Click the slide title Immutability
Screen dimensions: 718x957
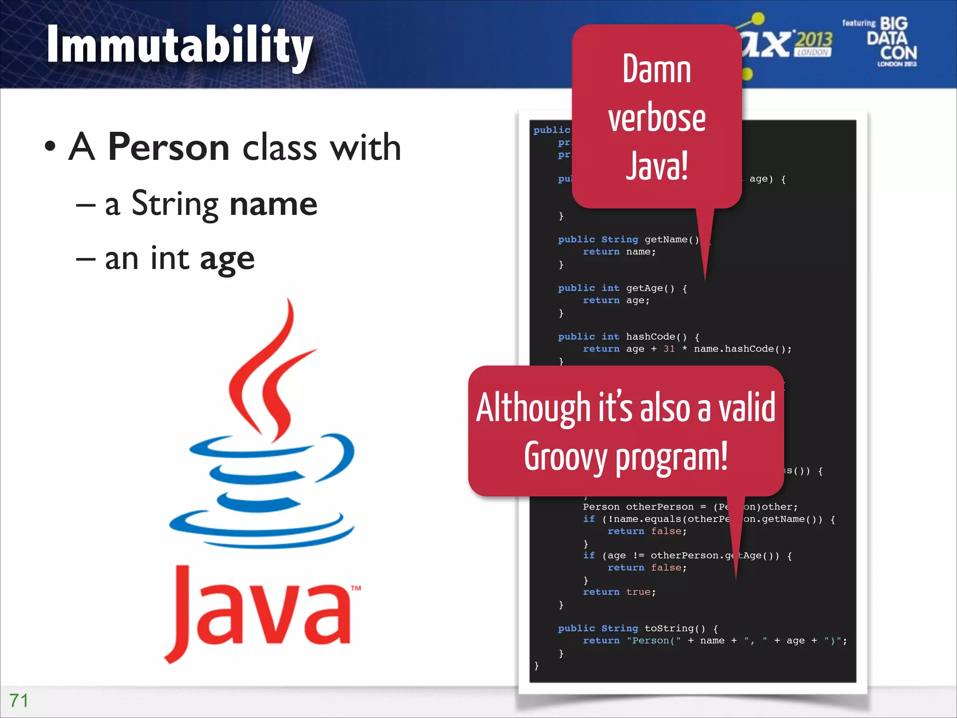tap(179, 46)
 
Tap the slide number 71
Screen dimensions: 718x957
tap(19, 700)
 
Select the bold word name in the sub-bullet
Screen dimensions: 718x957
tap(273, 204)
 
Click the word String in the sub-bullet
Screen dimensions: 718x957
tap(175, 204)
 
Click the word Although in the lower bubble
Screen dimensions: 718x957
tap(533, 408)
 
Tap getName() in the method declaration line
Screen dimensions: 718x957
tap(671, 239)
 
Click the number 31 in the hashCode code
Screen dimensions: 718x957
tap(669, 349)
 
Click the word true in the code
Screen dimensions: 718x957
tap(638, 592)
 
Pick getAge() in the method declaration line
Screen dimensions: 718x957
tap(650, 288)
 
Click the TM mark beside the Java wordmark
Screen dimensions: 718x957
tap(356, 588)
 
